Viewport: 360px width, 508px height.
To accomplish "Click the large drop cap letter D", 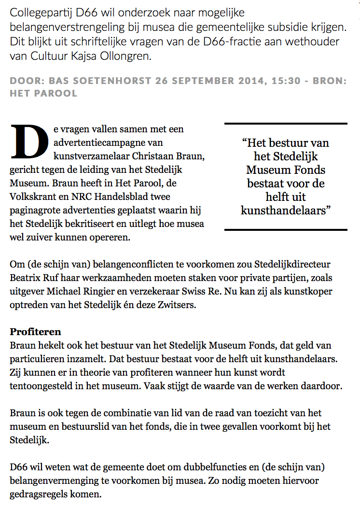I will (x=28, y=141).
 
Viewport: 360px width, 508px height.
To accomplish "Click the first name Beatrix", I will (x=26, y=279).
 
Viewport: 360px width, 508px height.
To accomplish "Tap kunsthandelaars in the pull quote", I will (x=286, y=210).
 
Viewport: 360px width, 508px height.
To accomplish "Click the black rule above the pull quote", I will (x=286, y=124).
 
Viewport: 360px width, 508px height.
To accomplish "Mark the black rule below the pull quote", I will (x=286, y=229).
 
